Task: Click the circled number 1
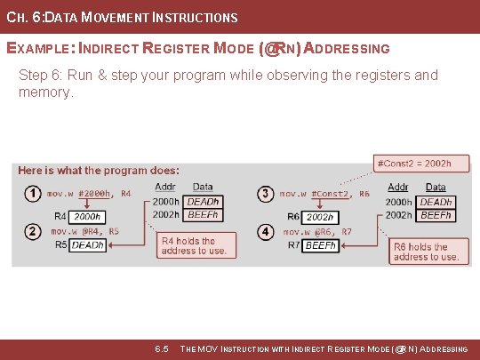32,193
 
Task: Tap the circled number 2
32,231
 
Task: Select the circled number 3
266,193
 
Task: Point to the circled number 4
266,231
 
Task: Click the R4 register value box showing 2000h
86,216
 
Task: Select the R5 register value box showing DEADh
88,244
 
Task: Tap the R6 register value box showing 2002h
320,217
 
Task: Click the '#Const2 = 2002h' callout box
414,164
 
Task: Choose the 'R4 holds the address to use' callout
196,245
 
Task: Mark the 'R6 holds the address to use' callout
428,252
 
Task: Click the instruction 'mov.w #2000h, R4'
89,193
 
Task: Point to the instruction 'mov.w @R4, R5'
83,231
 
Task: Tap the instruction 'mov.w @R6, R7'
317,231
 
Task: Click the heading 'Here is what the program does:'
98,170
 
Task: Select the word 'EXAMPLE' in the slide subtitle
36,48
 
